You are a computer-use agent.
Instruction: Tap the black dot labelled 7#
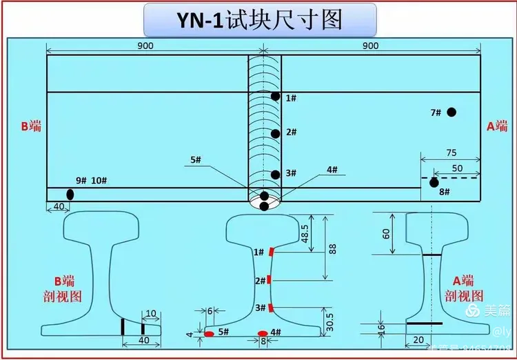(x=452, y=112)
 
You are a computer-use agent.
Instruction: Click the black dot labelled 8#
(x=434, y=183)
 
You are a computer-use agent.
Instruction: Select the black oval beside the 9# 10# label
(x=70, y=194)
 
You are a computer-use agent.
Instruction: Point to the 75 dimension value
(x=452, y=152)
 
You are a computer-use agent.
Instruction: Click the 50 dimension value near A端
(x=457, y=168)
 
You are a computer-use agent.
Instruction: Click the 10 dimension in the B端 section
(x=152, y=314)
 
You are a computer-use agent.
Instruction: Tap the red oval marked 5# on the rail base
(x=209, y=334)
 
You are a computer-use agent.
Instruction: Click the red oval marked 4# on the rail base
(x=262, y=334)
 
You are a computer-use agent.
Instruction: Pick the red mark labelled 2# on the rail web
(x=270, y=280)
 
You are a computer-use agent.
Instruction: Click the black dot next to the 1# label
(x=276, y=97)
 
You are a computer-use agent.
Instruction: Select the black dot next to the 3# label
(x=276, y=174)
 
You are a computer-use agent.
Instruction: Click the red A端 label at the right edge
(x=497, y=126)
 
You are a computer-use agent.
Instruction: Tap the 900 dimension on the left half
(x=145, y=46)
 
